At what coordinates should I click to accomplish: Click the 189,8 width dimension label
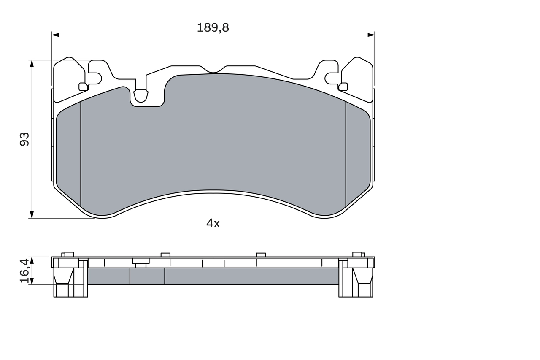pos(213,28)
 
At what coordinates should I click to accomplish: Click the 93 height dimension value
pos(25,139)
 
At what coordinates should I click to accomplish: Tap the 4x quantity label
pos(213,224)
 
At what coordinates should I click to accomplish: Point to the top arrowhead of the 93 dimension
pos(32,63)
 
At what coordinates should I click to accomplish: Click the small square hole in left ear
pos(83,87)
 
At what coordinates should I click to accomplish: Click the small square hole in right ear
pos(343,87)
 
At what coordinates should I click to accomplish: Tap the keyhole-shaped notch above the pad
pos(140,96)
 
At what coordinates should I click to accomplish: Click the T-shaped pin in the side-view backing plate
pos(141,262)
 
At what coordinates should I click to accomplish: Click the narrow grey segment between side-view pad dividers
pos(147,276)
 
